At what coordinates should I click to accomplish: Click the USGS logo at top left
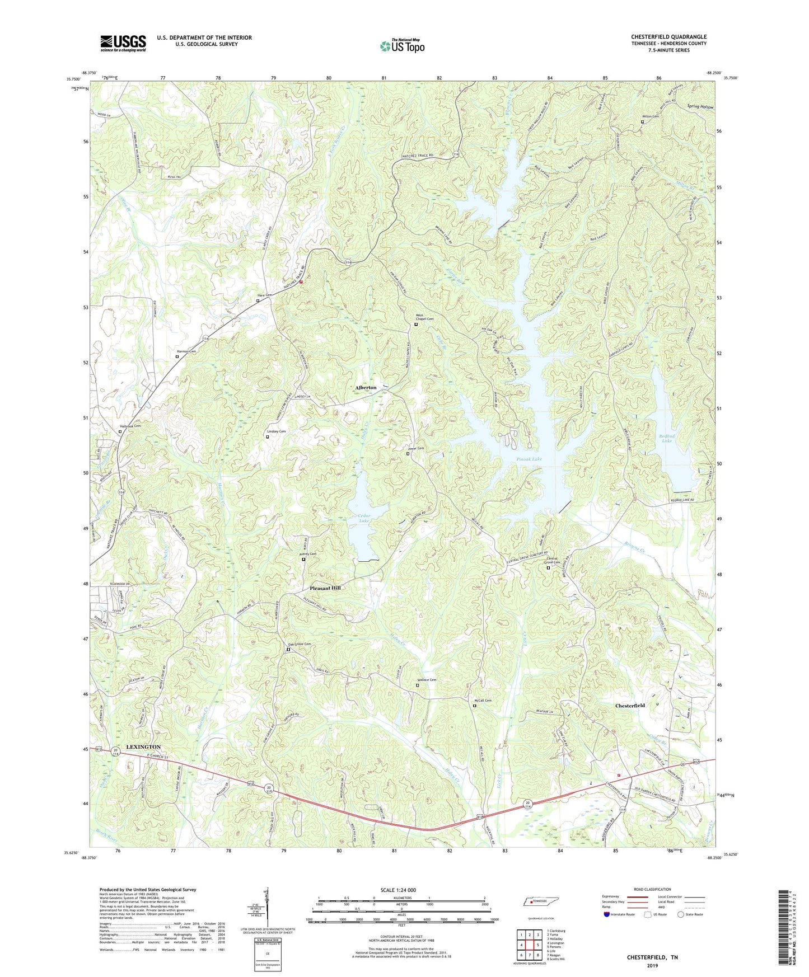click(x=123, y=43)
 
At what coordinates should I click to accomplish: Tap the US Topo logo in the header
click(x=402, y=46)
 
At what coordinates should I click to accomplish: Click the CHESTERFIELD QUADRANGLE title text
click(x=668, y=37)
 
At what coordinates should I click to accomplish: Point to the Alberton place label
click(x=366, y=387)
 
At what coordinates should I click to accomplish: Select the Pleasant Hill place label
click(x=325, y=588)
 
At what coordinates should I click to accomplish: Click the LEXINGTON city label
click(x=143, y=747)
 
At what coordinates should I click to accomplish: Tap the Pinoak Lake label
click(x=529, y=459)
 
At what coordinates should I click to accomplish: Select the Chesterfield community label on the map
click(x=630, y=706)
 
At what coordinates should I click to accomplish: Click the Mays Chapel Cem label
click(x=424, y=317)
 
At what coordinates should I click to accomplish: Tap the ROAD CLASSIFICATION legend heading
click(x=652, y=889)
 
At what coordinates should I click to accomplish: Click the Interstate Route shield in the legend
click(x=607, y=914)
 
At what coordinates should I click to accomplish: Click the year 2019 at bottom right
click(x=652, y=965)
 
